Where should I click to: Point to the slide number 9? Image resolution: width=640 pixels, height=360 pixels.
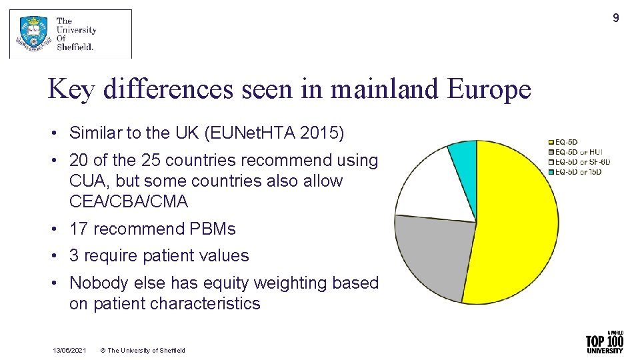[x=615, y=18]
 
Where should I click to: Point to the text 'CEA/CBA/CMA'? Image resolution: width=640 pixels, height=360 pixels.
[x=129, y=201]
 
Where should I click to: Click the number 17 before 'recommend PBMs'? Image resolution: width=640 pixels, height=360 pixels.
[x=79, y=229]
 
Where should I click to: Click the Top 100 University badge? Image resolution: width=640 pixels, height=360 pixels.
[x=604, y=343]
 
